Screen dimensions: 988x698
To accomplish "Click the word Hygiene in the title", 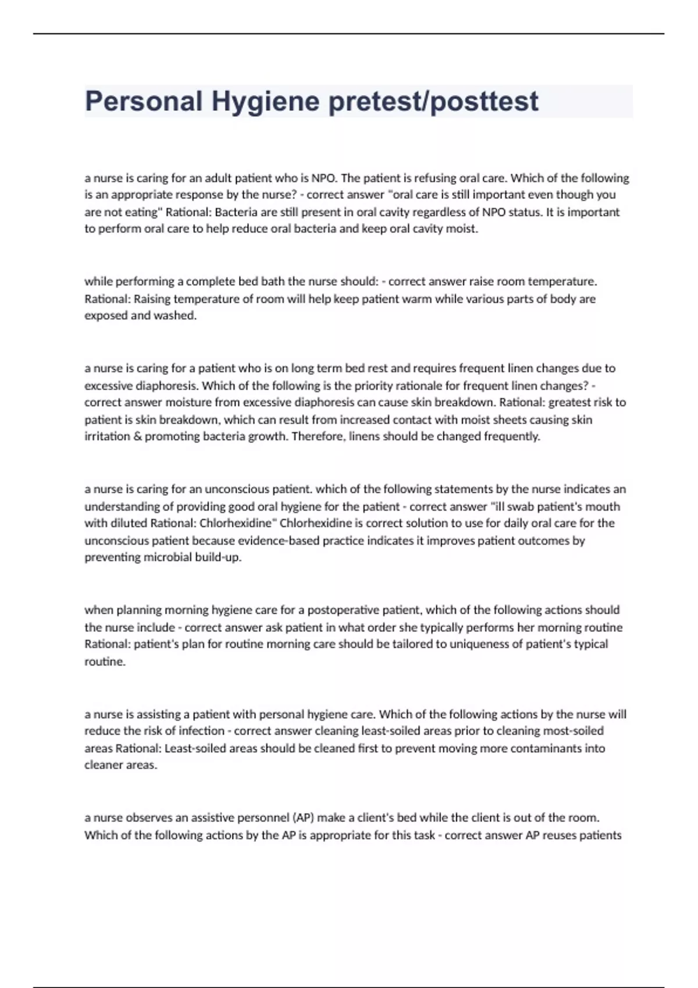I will (x=265, y=102).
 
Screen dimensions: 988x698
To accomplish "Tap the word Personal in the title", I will (x=144, y=102).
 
